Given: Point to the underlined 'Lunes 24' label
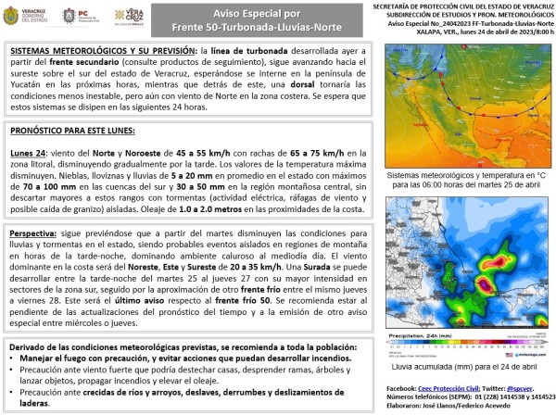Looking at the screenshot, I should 29,152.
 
